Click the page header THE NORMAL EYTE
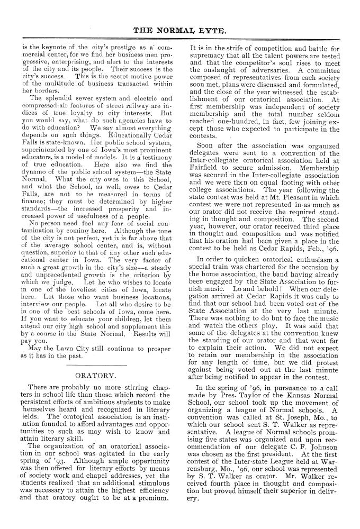click(181, 31)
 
